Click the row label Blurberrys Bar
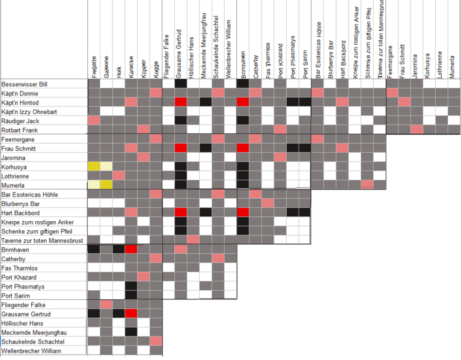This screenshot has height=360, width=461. [20, 204]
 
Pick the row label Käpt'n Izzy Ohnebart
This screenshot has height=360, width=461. [30, 112]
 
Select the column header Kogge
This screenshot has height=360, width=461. [156, 66]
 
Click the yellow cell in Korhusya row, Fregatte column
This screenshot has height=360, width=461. [94, 166]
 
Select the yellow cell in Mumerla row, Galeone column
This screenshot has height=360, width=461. [106, 185]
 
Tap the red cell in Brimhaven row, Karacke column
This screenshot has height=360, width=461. [131, 249]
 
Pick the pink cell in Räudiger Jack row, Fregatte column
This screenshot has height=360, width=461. [94, 121]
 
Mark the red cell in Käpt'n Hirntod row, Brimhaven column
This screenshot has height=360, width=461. [243, 102]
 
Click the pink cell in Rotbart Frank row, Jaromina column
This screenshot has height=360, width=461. [416, 130]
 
